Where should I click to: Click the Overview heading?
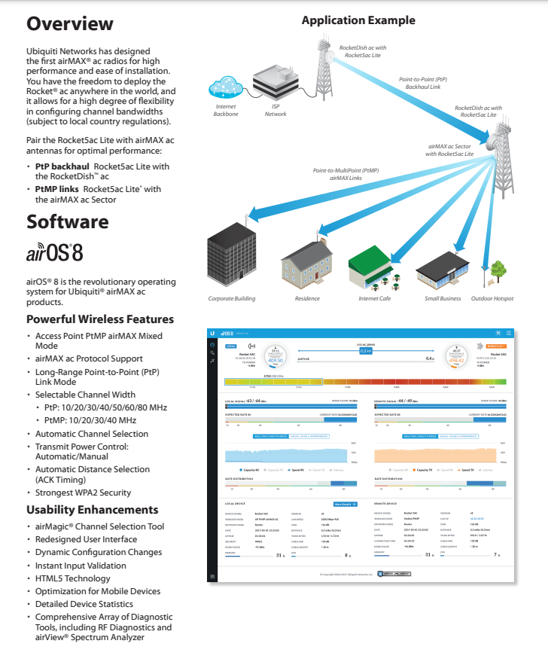[x=70, y=23]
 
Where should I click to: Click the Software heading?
[x=68, y=221]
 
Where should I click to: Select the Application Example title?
[x=358, y=20]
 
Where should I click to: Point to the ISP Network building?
[x=276, y=84]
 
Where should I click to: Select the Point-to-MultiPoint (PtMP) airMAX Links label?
[x=346, y=175]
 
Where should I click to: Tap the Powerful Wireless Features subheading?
[x=100, y=319]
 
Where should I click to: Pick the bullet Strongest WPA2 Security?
[x=83, y=493]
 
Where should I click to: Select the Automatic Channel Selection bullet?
[x=92, y=434]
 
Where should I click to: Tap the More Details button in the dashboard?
[x=345, y=503]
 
